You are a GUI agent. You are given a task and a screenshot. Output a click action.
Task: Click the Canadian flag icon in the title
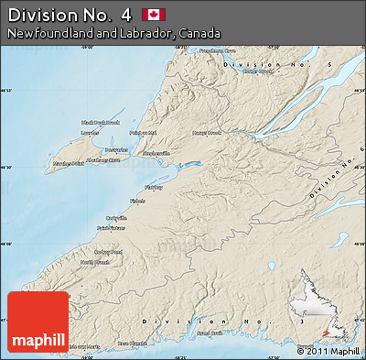point(154,14)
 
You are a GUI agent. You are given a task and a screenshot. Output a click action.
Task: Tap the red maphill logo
point(38,323)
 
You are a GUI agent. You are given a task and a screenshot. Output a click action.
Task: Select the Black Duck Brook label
point(101,122)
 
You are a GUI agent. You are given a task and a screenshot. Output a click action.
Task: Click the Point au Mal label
point(144,133)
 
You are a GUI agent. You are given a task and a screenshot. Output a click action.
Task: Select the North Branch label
point(94,263)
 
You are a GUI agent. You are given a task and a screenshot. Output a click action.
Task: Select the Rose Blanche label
point(131,344)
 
